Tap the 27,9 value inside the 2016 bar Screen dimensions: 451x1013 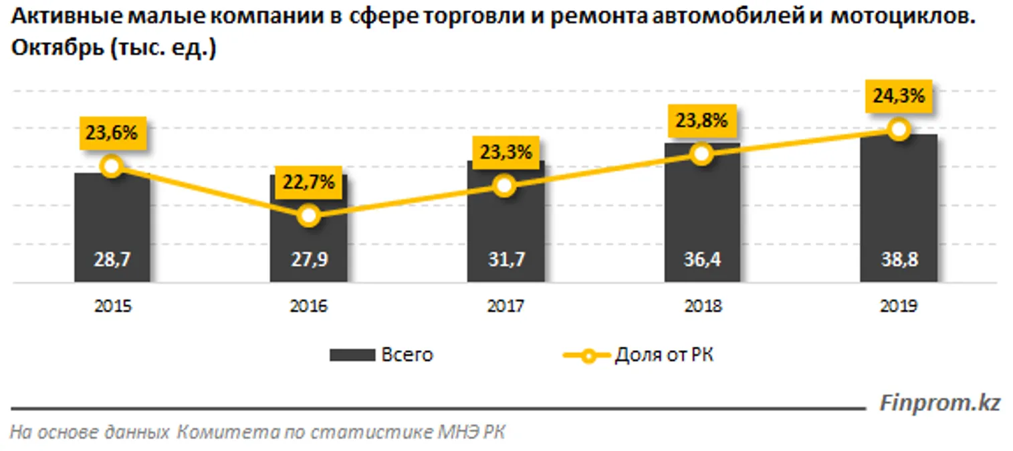pos(308,261)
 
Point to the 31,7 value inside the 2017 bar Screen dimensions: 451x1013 pos(505,261)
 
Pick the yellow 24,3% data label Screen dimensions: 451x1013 pos(898,96)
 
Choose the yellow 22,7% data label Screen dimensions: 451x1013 pos(308,182)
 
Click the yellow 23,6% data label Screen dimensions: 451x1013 pos(112,133)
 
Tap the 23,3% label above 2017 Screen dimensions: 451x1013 pos(505,152)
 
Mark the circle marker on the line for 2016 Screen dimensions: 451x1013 pos(308,215)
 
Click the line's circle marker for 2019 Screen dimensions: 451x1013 pos(898,130)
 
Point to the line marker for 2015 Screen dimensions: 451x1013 pos(112,166)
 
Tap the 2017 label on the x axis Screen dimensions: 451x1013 pos(505,306)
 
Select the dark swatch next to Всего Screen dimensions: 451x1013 pos(352,355)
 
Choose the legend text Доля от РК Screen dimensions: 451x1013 pos(663,355)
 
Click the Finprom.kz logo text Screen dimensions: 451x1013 pos(939,403)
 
